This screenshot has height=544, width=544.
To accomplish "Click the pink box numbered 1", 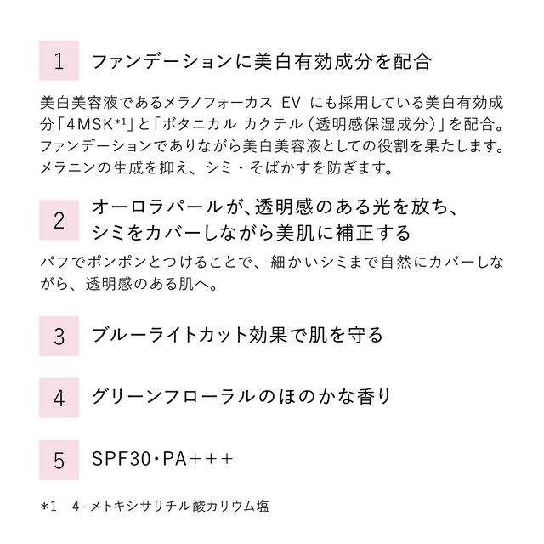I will pos(59,61).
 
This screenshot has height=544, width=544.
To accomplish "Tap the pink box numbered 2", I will pos(59,221).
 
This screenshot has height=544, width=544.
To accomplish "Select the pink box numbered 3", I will pos(59,335).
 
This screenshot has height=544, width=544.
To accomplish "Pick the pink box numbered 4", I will pos(59,397).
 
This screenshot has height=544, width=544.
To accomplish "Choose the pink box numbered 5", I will pos(59,460).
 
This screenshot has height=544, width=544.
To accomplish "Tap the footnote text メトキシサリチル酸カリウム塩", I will pos(189,507).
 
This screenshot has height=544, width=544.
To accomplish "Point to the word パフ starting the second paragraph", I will pos(51,263).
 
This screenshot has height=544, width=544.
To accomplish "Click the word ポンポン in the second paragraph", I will pos(118,263).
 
